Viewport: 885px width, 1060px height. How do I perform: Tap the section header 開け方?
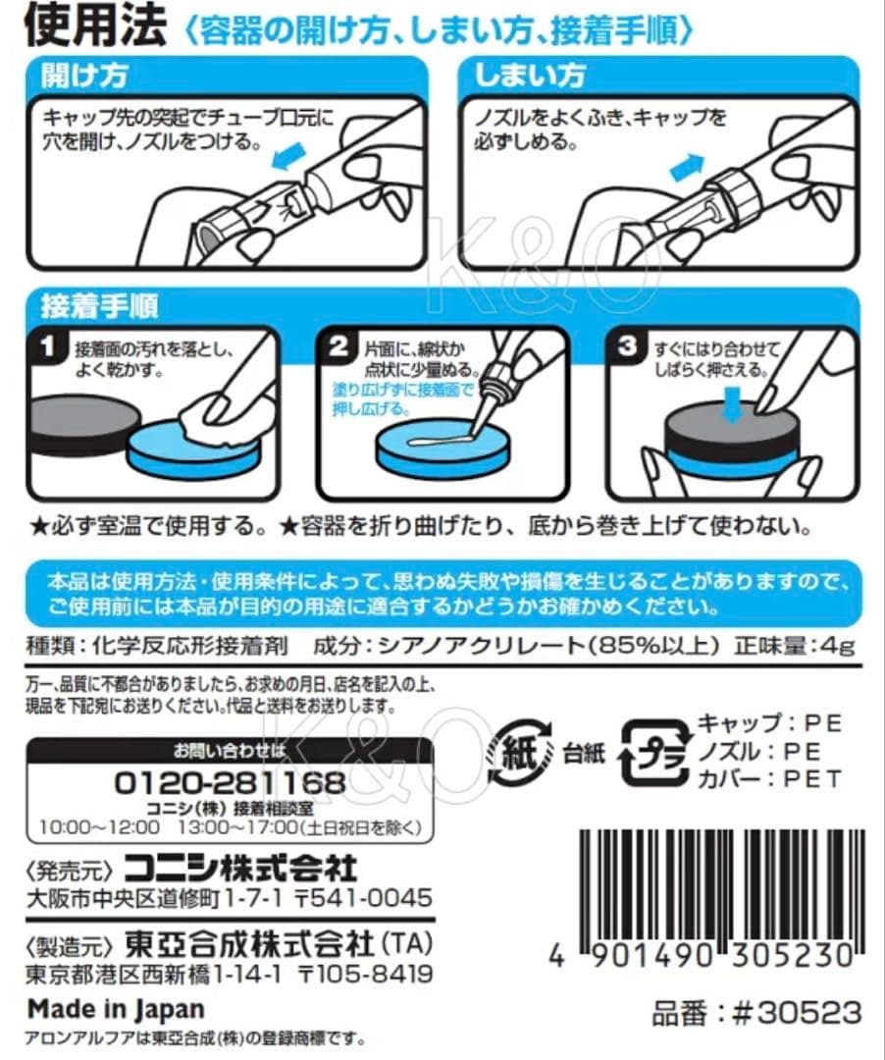(84, 75)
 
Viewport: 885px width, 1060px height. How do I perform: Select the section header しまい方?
(530, 75)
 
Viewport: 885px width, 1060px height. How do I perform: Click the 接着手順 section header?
(99, 306)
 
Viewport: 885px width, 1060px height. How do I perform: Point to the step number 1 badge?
(47, 346)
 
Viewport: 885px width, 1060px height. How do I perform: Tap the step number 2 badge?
(338, 346)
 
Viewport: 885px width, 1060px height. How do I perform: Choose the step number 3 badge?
(628, 346)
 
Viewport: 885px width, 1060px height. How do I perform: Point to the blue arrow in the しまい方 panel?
(687, 166)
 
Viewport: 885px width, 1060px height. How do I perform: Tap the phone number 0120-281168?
(230, 783)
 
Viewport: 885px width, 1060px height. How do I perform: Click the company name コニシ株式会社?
(241, 868)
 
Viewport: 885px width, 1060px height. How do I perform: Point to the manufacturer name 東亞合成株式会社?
(249, 944)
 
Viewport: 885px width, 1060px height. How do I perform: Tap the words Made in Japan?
(116, 1009)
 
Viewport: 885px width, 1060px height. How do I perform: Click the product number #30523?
(797, 1013)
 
